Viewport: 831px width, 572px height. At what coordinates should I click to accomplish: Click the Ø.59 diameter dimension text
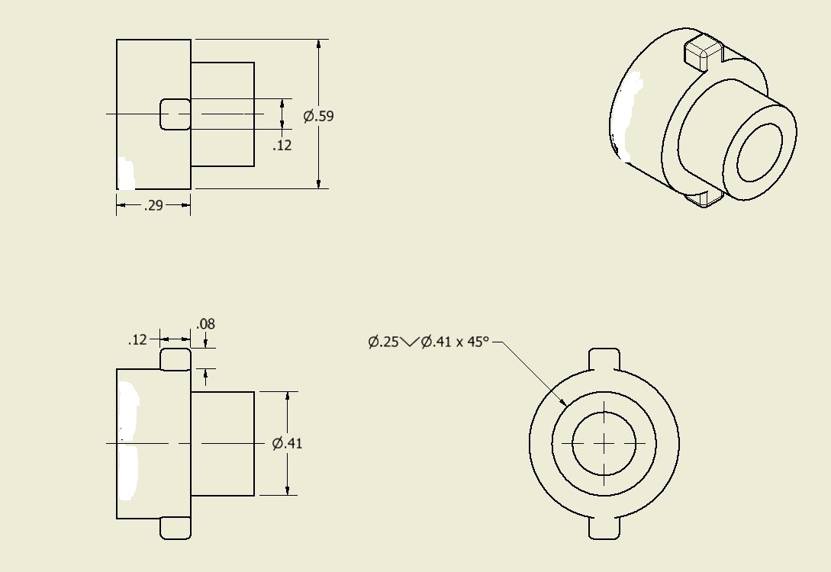click(318, 117)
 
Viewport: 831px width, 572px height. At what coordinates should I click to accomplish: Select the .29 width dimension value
click(153, 205)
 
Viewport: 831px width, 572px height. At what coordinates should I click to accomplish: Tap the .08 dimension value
click(206, 324)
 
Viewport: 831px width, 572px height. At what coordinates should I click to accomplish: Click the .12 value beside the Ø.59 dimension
click(282, 145)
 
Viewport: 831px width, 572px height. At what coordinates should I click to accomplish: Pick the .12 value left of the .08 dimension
click(137, 339)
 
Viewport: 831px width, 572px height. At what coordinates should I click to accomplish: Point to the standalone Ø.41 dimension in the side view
click(288, 443)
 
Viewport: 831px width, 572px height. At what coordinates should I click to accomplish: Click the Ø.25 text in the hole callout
click(383, 342)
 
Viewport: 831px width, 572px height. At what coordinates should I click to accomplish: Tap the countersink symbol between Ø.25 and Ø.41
click(410, 342)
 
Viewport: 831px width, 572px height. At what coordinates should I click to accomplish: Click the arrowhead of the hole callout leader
click(564, 403)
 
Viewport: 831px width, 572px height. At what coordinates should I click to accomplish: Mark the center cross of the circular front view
click(604, 443)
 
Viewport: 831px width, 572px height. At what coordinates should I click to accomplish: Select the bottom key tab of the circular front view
click(604, 529)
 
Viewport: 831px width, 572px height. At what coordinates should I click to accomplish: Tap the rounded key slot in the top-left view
click(176, 114)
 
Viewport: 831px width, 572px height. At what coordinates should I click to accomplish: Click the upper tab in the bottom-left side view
click(176, 359)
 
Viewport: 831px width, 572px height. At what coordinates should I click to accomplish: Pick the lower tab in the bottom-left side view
click(176, 529)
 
